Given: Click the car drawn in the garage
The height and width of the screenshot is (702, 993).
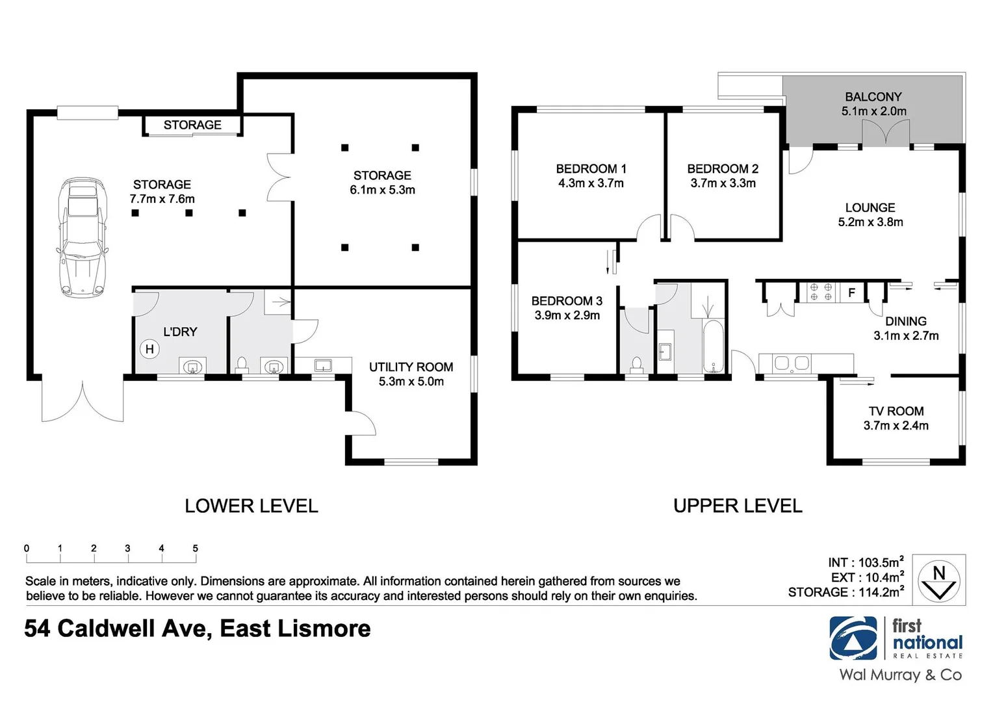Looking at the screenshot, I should [82, 238].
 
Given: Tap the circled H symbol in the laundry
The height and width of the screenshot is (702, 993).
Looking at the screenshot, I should [149, 349].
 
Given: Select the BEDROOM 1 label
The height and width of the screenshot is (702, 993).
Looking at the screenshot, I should [591, 168].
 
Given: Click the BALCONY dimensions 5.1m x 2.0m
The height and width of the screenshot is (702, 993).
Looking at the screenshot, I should [873, 111].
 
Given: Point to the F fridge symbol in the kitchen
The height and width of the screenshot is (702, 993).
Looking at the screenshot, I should [851, 293].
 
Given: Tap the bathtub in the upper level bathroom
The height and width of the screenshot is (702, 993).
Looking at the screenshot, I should [713, 346].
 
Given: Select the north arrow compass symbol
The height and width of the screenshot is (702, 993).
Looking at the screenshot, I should [938, 580].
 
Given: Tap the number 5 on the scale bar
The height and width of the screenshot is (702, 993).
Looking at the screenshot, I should [195, 549].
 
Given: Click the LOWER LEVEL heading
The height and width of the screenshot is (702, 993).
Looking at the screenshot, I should [251, 506].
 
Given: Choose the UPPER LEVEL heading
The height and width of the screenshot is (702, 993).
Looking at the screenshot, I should [738, 506].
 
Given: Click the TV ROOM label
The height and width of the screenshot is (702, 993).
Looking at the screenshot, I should [896, 411].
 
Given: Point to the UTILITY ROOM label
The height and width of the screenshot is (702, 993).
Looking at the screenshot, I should [411, 367].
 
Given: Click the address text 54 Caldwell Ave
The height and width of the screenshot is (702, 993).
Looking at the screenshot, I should [115, 629].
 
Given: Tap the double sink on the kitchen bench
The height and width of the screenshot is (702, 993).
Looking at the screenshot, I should [792, 363].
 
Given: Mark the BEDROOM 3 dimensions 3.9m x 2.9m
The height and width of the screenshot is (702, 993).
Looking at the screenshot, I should [567, 315].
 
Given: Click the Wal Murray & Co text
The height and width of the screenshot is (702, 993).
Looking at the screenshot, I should [900, 675].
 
